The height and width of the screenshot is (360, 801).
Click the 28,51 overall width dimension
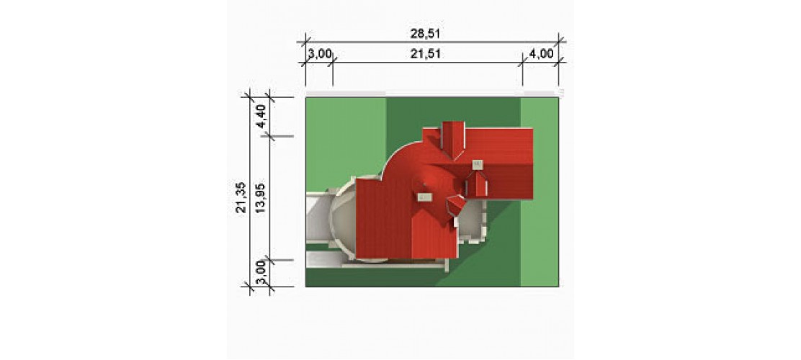pos(425,34)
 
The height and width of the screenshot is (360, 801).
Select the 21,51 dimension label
pos(425,54)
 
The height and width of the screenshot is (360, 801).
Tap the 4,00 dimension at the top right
pos(541,54)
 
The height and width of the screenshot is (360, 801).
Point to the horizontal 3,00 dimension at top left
pos(320,54)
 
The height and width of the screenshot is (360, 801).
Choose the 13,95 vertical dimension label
pos(261,197)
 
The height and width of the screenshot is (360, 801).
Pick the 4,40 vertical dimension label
pos(261,116)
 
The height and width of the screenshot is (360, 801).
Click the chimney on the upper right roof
pos(478,164)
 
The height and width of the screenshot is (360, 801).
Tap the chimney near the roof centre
pos(424,197)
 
